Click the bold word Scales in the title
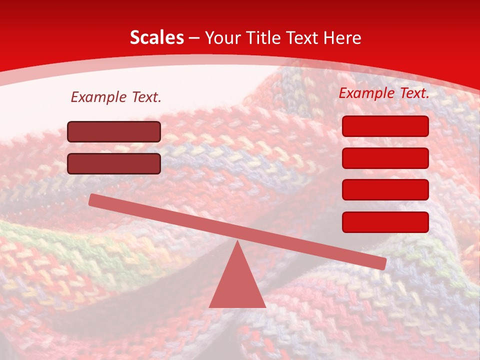coord(156,37)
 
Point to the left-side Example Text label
coord(116,97)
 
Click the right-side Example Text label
coord(384,93)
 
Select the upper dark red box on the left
coord(114,131)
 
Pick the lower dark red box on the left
coord(114,163)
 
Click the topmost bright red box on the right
coord(385,126)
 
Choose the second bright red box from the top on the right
coord(385,158)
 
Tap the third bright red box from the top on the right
coord(385,189)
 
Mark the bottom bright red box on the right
coord(385,222)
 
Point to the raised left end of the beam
coord(93,199)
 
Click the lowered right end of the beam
coord(382,263)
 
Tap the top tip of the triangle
coord(237,242)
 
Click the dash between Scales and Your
coord(194,38)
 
